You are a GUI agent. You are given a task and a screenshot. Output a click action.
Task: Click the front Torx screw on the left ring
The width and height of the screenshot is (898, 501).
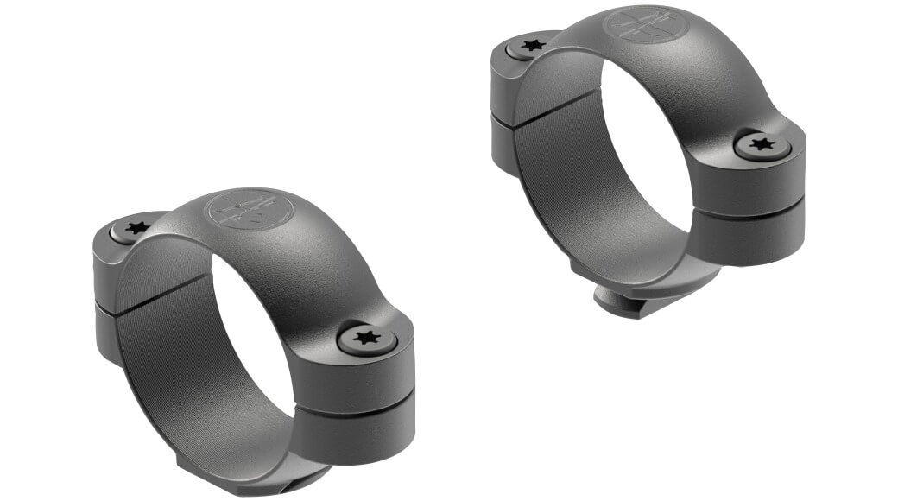pos(367,338)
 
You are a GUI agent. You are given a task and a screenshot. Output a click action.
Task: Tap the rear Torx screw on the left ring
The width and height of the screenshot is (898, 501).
pos(136,229)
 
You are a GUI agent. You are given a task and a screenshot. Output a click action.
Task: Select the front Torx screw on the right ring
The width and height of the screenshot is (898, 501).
pos(762,144)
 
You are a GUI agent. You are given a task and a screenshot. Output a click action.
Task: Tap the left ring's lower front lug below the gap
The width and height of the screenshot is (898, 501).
pos(358,432)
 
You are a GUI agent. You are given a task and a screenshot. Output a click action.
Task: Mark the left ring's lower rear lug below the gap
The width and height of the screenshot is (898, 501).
pos(106,333)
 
